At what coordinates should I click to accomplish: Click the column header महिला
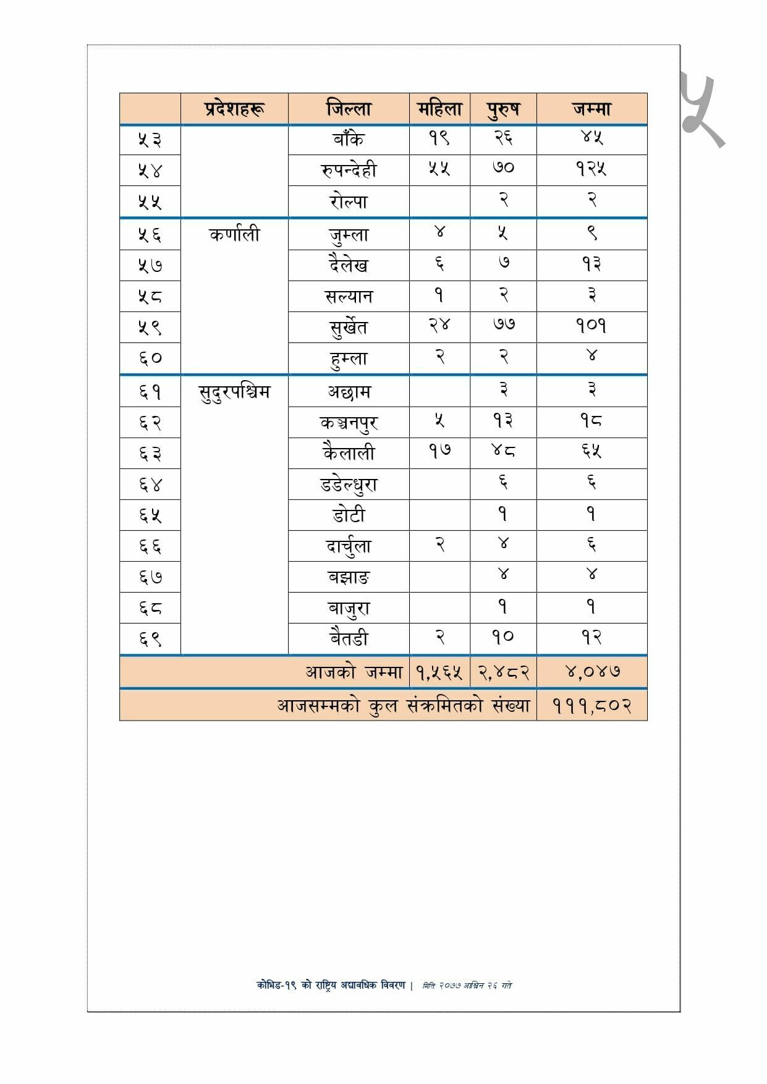[x=439, y=109]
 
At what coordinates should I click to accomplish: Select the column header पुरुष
[x=503, y=109]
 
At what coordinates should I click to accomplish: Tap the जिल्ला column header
[x=349, y=109]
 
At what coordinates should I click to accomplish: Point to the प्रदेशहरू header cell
[x=234, y=109]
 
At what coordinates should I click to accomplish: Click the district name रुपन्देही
[x=349, y=170]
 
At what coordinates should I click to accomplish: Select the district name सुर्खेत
[x=349, y=326]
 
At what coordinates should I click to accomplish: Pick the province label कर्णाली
[x=234, y=235]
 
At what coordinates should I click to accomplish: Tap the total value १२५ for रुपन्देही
[x=591, y=169]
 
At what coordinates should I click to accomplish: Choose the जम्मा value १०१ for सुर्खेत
[x=591, y=325]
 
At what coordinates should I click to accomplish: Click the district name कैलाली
[x=349, y=453]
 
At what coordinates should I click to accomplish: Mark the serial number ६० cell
[x=150, y=358]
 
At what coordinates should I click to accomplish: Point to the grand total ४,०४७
[x=591, y=671]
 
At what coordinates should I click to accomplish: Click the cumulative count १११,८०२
[x=591, y=705]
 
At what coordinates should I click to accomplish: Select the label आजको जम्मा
[x=354, y=672]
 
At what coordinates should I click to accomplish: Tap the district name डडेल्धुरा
[x=349, y=485]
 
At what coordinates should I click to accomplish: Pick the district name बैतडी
[x=349, y=638]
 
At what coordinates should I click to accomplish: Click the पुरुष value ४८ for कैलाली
[x=503, y=451]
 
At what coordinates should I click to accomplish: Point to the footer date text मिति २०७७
[x=467, y=985]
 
